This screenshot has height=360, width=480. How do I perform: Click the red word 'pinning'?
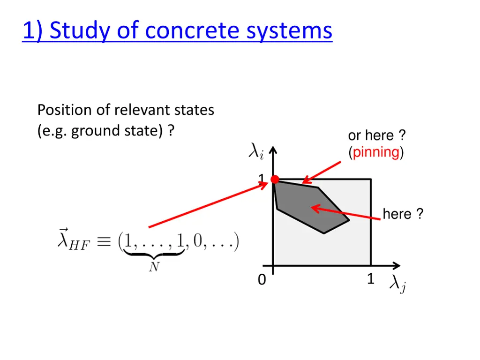pyautogui.click(x=376, y=152)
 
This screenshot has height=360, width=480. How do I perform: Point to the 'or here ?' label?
pyautogui.click(x=376, y=136)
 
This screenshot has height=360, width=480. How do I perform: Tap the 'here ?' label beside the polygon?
pyautogui.click(x=403, y=214)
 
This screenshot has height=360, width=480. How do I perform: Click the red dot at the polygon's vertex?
pyautogui.click(x=275, y=179)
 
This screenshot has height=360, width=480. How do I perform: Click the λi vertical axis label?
pyautogui.click(x=255, y=152)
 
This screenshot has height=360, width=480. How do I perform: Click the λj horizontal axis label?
pyautogui.click(x=397, y=284)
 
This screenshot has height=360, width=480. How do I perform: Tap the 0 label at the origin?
pyautogui.click(x=262, y=280)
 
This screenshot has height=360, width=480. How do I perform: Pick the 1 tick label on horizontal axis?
pyautogui.click(x=370, y=279)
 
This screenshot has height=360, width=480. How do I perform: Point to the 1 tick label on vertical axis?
pyautogui.click(x=262, y=179)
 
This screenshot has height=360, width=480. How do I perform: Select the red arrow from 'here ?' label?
pyautogui.click(x=347, y=213)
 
